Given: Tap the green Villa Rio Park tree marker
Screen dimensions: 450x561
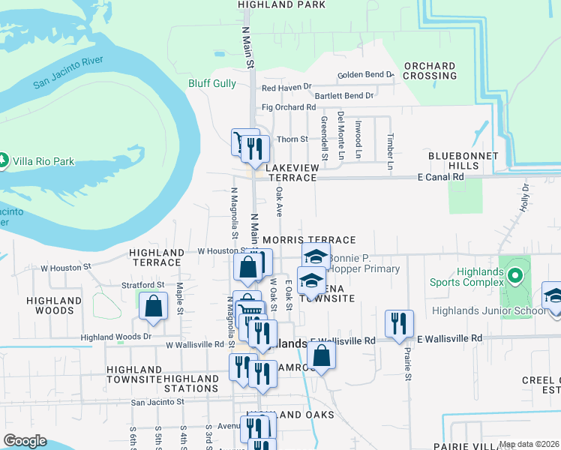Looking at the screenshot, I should [x=4, y=161].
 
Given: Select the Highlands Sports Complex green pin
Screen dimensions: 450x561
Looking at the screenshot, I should [x=514, y=277].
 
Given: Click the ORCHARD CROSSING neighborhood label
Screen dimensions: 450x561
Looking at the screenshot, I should [x=430, y=71].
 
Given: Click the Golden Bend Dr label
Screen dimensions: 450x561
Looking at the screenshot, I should [x=365, y=75].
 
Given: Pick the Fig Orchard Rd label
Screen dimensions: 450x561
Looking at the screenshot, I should [x=287, y=107].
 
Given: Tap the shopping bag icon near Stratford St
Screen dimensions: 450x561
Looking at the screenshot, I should [x=154, y=306].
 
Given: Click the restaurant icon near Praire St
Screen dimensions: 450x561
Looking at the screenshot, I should [x=399, y=323].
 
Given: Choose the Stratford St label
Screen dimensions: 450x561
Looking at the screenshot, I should [x=142, y=285].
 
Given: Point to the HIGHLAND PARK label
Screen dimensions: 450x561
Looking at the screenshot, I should [x=282, y=4].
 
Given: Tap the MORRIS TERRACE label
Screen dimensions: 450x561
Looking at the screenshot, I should [x=309, y=240].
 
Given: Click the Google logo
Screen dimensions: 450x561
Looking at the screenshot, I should [x=25, y=441].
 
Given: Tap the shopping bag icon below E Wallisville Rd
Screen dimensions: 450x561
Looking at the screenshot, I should [x=321, y=355].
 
